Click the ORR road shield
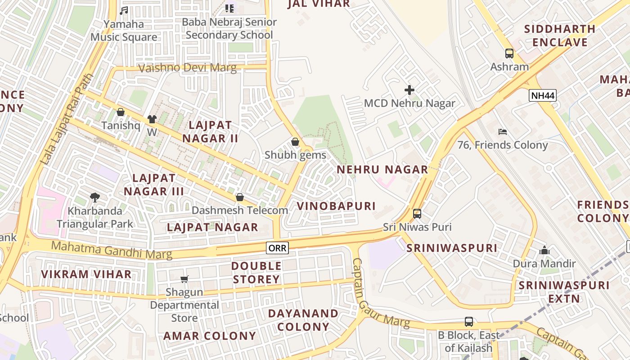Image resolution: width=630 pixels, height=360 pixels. [277, 247]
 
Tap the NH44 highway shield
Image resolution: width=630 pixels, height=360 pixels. [543, 95]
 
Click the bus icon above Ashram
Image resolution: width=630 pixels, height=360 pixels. [509, 54]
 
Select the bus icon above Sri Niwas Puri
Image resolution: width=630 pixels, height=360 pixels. [417, 213]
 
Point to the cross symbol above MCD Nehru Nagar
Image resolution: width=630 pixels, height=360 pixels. [409, 90]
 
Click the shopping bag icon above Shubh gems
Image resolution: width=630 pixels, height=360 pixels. [295, 142]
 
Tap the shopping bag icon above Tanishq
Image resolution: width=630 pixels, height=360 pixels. [120, 112]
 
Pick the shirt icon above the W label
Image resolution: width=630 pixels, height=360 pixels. [152, 119]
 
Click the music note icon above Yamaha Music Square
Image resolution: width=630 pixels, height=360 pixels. [124, 10]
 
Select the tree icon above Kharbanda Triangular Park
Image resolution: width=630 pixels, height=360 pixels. [94, 197]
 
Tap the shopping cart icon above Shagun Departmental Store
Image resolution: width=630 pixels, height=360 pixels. [184, 279]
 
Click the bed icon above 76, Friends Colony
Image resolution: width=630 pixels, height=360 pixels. [503, 132]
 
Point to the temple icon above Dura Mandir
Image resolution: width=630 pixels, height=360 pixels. [544, 250]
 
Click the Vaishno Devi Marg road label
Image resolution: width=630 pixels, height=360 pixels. [187, 68]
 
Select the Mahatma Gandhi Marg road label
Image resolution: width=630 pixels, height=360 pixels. [112, 250]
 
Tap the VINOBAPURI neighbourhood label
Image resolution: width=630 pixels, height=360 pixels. [336, 206]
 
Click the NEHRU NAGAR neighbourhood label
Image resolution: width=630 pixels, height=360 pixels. [382, 170]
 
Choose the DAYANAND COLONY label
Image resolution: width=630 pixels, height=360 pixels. [303, 319]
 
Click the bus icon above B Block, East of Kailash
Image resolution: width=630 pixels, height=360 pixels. [468, 322]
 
